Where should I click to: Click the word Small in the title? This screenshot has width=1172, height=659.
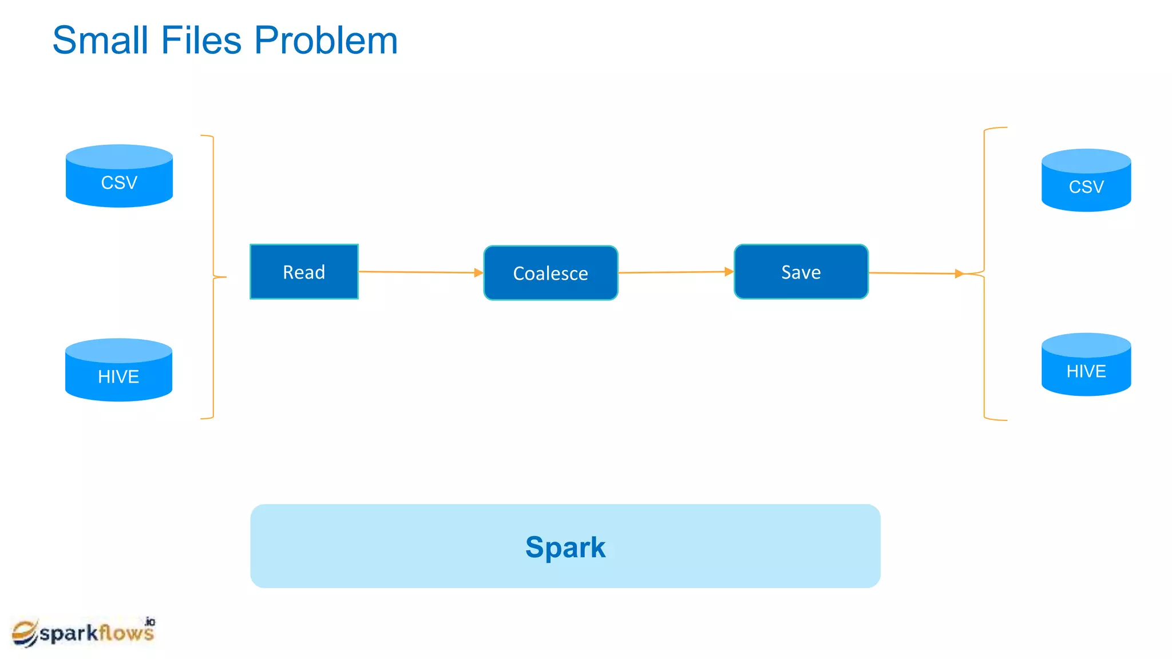[101, 41]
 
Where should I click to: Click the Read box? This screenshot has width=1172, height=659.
[304, 272]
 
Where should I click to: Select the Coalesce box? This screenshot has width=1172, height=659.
[551, 273]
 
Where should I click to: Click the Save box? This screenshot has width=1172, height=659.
[801, 272]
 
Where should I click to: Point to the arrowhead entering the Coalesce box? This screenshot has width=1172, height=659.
[478, 273]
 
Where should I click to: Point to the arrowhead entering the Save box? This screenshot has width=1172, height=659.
[728, 272]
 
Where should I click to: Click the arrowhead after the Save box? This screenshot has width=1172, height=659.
[959, 274]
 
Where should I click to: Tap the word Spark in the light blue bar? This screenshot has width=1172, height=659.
[565, 547]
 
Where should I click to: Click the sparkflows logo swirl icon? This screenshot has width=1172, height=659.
[25, 633]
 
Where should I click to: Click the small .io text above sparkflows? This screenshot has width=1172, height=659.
[150, 622]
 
